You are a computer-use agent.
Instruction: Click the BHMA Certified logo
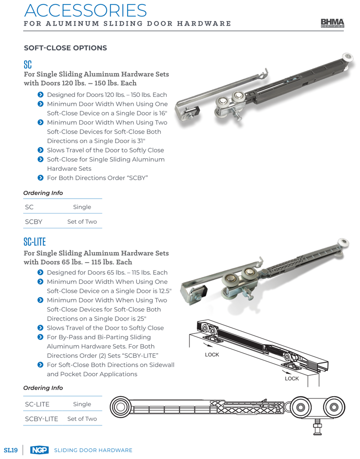click(332, 23)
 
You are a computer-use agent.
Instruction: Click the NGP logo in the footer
click(39, 450)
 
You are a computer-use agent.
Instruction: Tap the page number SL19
click(11, 450)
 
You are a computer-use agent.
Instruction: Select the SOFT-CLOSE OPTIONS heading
click(65, 48)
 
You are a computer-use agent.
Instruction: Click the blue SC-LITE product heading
click(34, 242)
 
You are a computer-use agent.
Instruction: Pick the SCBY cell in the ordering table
click(34, 221)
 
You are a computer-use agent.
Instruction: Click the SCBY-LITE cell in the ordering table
click(42, 419)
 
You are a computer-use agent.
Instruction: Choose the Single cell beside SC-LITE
click(82, 404)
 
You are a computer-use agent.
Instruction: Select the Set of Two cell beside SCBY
click(82, 221)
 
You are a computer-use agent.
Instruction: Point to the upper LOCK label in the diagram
click(212, 355)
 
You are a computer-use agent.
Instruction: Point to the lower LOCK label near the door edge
click(292, 378)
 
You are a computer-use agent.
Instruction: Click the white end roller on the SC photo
click(347, 57)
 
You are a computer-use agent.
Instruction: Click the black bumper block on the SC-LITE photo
click(203, 290)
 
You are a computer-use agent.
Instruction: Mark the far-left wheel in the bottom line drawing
click(120, 407)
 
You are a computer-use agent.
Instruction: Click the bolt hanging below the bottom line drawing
click(317, 427)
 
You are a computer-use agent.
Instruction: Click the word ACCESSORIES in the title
click(86, 11)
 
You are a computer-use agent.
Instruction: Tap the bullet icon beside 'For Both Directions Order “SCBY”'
click(41, 178)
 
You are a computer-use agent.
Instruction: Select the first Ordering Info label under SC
click(43, 193)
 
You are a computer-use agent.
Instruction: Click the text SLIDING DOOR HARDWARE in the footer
click(93, 450)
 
